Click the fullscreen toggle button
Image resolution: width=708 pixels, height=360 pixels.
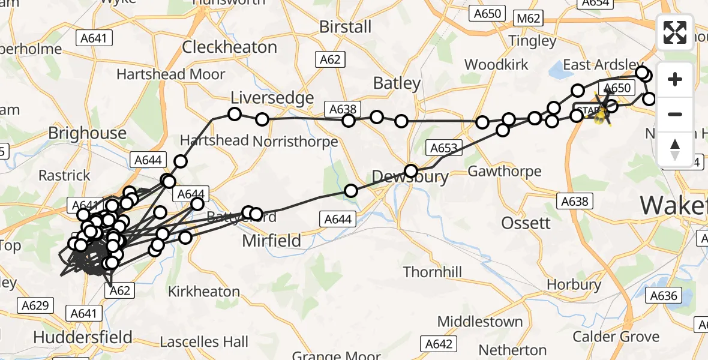[675, 32]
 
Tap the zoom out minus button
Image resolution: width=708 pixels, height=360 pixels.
[675, 114]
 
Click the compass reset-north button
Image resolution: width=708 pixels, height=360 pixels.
[675, 149]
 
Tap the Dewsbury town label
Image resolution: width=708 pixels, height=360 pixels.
[410, 177]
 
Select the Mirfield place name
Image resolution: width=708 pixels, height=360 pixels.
[271, 241]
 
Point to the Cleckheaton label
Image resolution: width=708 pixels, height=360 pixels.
[229, 47]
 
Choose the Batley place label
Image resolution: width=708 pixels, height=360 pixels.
[397, 83]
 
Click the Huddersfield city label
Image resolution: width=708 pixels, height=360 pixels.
[83, 337]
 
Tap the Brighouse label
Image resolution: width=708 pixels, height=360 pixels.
[87, 133]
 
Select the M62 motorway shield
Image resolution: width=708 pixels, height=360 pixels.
[528, 19]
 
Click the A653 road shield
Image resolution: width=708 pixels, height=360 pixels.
[443, 148]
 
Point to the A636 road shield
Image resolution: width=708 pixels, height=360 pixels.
[664, 295]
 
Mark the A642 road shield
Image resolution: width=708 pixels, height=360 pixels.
[437, 344]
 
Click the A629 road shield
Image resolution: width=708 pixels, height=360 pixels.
[34, 306]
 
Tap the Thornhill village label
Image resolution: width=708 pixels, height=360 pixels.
[433, 272]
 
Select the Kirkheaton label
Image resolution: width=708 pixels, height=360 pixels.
[204, 292]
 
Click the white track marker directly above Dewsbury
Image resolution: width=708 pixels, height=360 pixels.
[410, 170]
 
